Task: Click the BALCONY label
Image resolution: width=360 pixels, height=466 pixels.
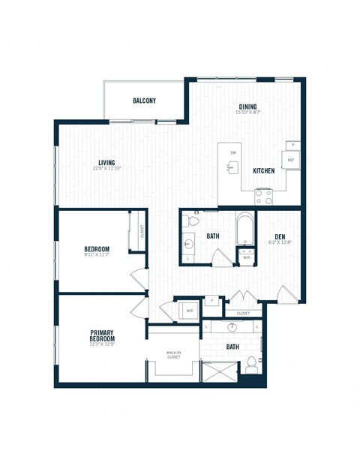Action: pyautogui.click(x=144, y=101)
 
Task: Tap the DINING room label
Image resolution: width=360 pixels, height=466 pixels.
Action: pyautogui.click(x=248, y=107)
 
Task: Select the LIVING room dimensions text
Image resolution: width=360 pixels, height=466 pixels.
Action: pyautogui.click(x=110, y=168)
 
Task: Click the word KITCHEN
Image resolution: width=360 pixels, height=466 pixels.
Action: pyautogui.click(x=263, y=171)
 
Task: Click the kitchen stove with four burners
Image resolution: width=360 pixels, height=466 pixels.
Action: pyautogui.click(x=263, y=197)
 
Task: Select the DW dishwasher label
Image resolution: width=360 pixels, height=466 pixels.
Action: pyautogui.click(x=233, y=153)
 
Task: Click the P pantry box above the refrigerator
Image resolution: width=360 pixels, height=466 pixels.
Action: pyautogui.click(x=292, y=144)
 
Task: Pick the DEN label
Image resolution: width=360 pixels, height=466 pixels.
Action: pyautogui.click(x=280, y=237)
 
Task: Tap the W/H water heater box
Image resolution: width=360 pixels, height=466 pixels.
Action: pyautogui.click(x=246, y=257)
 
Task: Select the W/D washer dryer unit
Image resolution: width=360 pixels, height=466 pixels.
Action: pyautogui.click(x=188, y=308)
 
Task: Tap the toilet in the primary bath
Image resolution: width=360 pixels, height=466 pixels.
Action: pyautogui.click(x=251, y=365)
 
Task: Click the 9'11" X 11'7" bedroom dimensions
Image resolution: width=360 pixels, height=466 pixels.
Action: pyautogui.click(x=97, y=257)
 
